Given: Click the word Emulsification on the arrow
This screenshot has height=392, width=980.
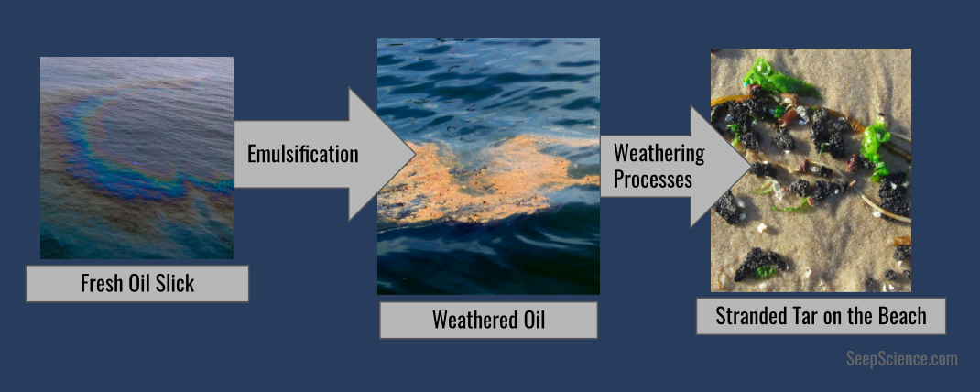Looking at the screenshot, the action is [303, 155].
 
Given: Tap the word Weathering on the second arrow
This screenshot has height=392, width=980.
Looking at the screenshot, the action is [659, 153].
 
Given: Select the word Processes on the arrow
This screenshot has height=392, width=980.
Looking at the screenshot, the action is [652, 179].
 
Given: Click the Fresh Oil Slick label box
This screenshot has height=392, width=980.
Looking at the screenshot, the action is [136, 284].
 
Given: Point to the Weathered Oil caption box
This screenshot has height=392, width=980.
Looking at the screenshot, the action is [488, 320].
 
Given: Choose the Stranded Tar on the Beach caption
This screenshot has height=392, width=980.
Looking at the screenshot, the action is [821, 316].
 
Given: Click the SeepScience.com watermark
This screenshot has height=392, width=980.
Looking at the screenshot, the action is [902, 359].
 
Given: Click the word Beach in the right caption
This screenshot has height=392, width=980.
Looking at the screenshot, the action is [902, 316].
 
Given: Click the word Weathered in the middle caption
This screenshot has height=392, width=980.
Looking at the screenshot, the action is [469, 320].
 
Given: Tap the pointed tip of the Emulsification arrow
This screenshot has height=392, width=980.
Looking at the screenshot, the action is [416, 155].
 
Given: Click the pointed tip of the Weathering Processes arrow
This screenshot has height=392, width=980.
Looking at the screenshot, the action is [751, 167].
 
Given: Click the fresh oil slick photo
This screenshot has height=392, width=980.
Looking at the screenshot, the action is [136, 158].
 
